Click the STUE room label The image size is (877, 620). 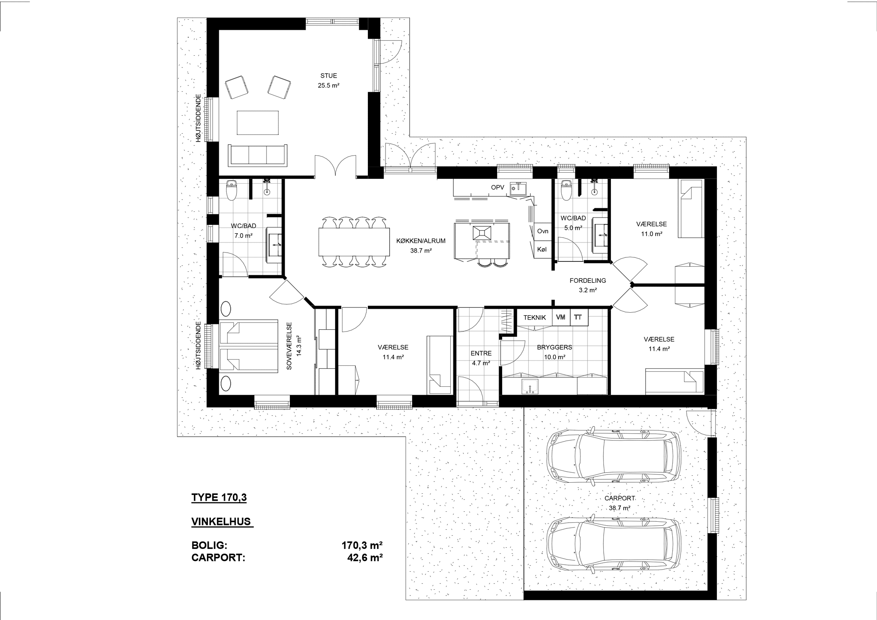[x=328, y=76]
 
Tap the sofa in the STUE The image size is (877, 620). [x=258, y=155]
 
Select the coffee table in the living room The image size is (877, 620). [x=258, y=123]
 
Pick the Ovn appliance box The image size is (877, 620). [x=543, y=231]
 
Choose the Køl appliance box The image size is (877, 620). [x=543, y=249]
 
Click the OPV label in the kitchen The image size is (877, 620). [x=497, y=188]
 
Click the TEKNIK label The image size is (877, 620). [x=535, y=317]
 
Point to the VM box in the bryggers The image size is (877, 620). [x=561, y=318]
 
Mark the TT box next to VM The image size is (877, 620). [x=578, y=318]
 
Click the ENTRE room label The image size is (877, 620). [x=481, y=353]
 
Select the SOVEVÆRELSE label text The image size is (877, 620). [x=289, y=346]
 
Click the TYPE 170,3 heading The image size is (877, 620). [x=219, y=498]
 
